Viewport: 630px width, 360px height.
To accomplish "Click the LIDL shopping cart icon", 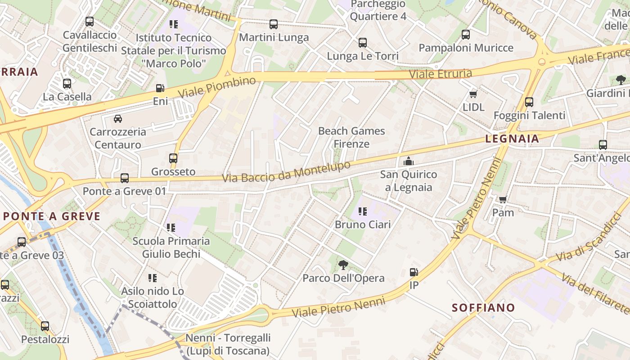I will [473, 94].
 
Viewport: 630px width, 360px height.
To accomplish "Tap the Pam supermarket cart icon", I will [503, 199].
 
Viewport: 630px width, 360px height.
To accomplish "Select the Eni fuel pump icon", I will [160, 88].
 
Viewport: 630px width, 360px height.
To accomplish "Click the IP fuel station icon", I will [414, 272].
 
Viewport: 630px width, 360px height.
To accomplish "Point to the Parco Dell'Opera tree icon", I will [343, 265].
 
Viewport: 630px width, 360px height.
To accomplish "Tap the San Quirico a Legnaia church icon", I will [408, 161].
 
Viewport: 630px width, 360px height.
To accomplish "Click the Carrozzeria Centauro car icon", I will [117, 119].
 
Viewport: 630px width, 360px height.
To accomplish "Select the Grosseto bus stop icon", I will [173, 158].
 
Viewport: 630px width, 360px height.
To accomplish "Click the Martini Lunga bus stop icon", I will [274, 24].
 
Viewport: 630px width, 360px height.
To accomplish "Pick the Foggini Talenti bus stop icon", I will [529, 102].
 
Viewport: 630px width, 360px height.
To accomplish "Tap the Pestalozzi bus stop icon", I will [45, 326].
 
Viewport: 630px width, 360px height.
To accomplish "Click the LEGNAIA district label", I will [512, 139].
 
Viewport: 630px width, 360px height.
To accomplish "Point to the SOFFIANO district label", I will [483, 308].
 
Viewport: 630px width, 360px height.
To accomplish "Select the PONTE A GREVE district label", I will [52, 216].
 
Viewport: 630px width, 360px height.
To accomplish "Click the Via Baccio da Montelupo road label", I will [286, 172].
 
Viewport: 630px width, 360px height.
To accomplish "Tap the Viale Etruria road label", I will [441, 73].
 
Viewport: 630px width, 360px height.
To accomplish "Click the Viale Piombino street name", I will [217, 87].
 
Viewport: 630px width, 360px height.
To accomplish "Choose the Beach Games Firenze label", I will [351, 137].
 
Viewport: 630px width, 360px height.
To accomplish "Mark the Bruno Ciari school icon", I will [362, 211].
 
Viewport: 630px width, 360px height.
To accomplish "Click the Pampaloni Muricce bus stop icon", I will [466, 35].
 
